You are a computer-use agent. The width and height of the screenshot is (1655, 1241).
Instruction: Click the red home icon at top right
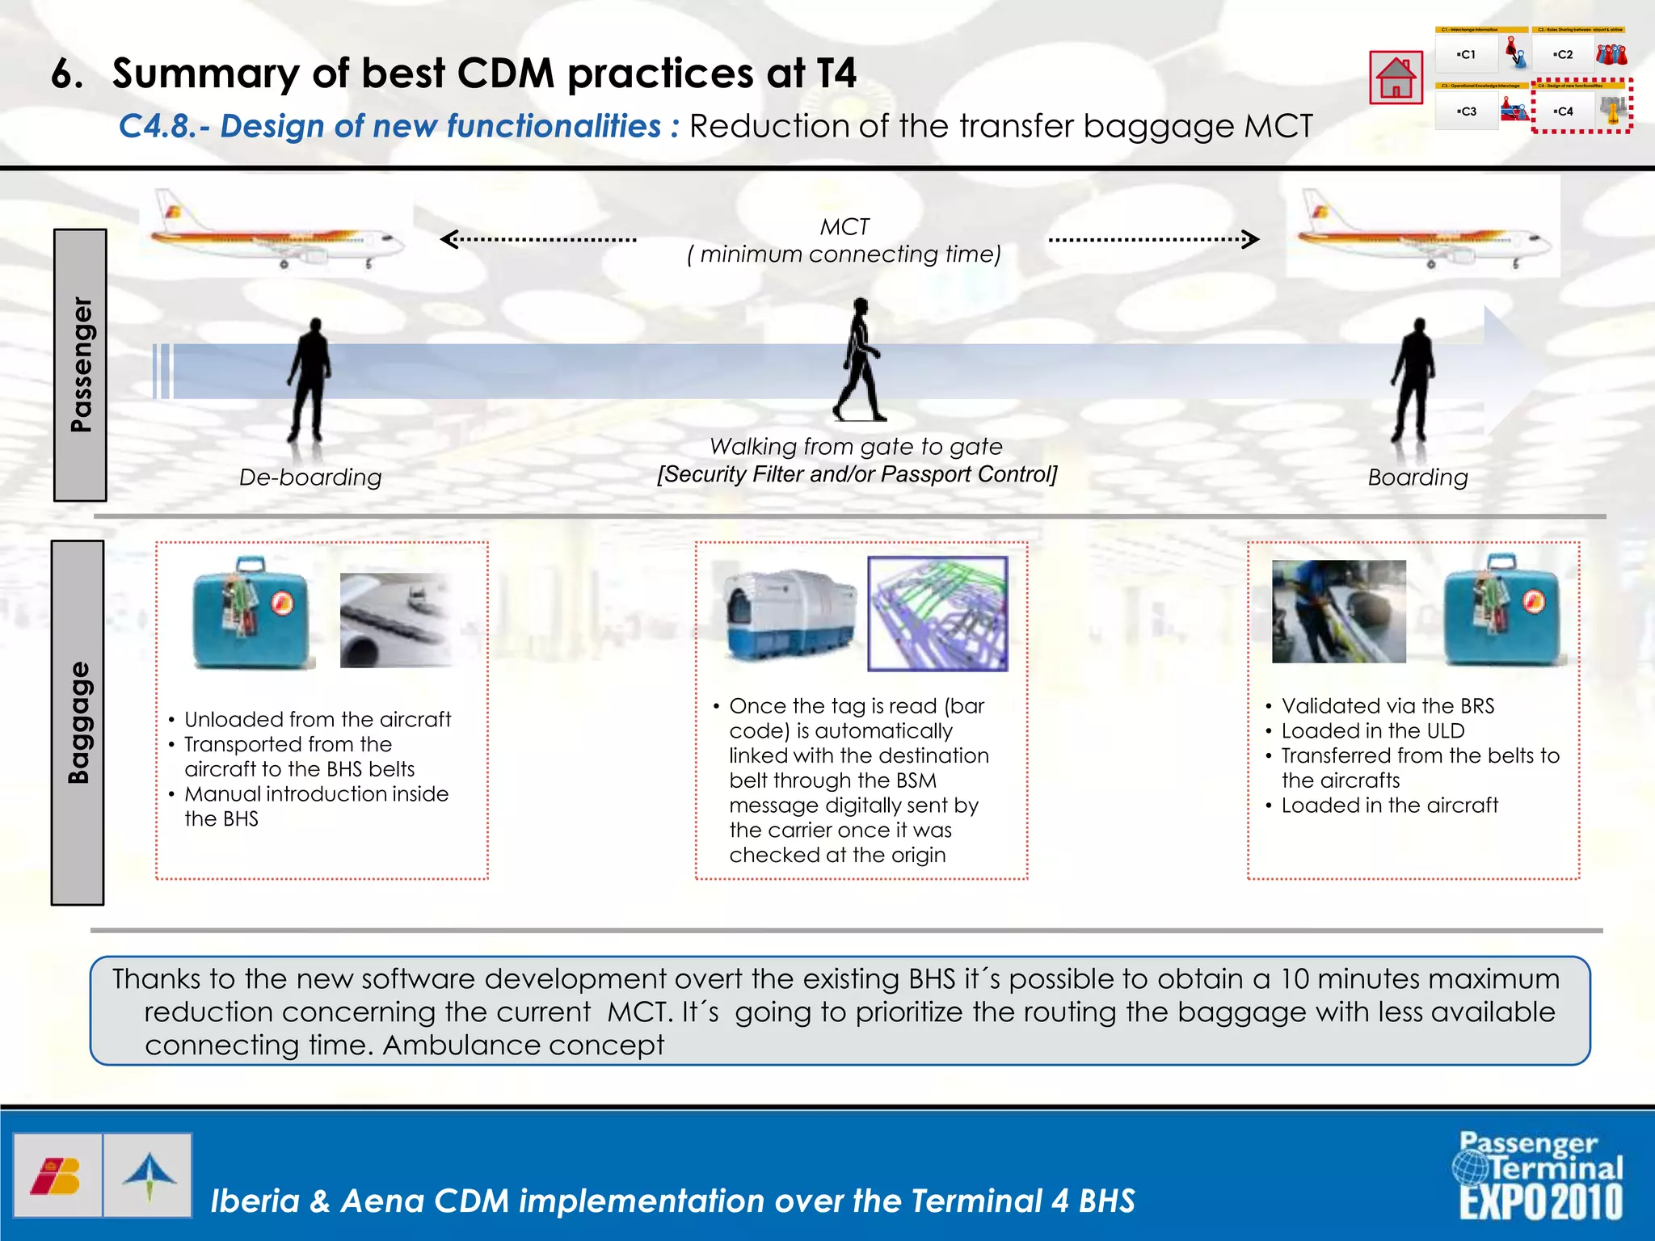click(x=1396, y=78)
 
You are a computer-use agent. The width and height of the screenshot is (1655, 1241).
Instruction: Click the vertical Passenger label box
click(x=80, y=365)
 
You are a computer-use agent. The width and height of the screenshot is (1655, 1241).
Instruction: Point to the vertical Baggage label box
click(x=78, y=722)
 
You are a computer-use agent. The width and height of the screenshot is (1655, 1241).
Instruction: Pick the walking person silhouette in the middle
click(x=860, y=361)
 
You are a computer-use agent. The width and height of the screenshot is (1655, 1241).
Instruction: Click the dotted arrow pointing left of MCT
click(x=538, y=239)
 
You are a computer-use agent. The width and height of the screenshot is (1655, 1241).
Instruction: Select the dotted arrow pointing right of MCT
click(x=1153, y=239)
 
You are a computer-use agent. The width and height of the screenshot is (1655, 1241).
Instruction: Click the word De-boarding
click(x=310, y=477)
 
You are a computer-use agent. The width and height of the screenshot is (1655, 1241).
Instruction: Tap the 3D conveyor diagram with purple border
click(x=937, y=614)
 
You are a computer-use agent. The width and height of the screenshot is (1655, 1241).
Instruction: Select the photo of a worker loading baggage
click(x=1338, y=612)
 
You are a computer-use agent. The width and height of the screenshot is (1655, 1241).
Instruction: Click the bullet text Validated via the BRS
click(x=1388, y=706)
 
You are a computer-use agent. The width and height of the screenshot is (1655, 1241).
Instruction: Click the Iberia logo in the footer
click(x=57, y=1176)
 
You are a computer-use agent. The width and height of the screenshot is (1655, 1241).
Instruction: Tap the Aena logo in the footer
click(x=149, y=1176)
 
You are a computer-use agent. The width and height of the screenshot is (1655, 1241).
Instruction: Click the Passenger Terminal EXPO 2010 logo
click(x=1540, y=1176)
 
